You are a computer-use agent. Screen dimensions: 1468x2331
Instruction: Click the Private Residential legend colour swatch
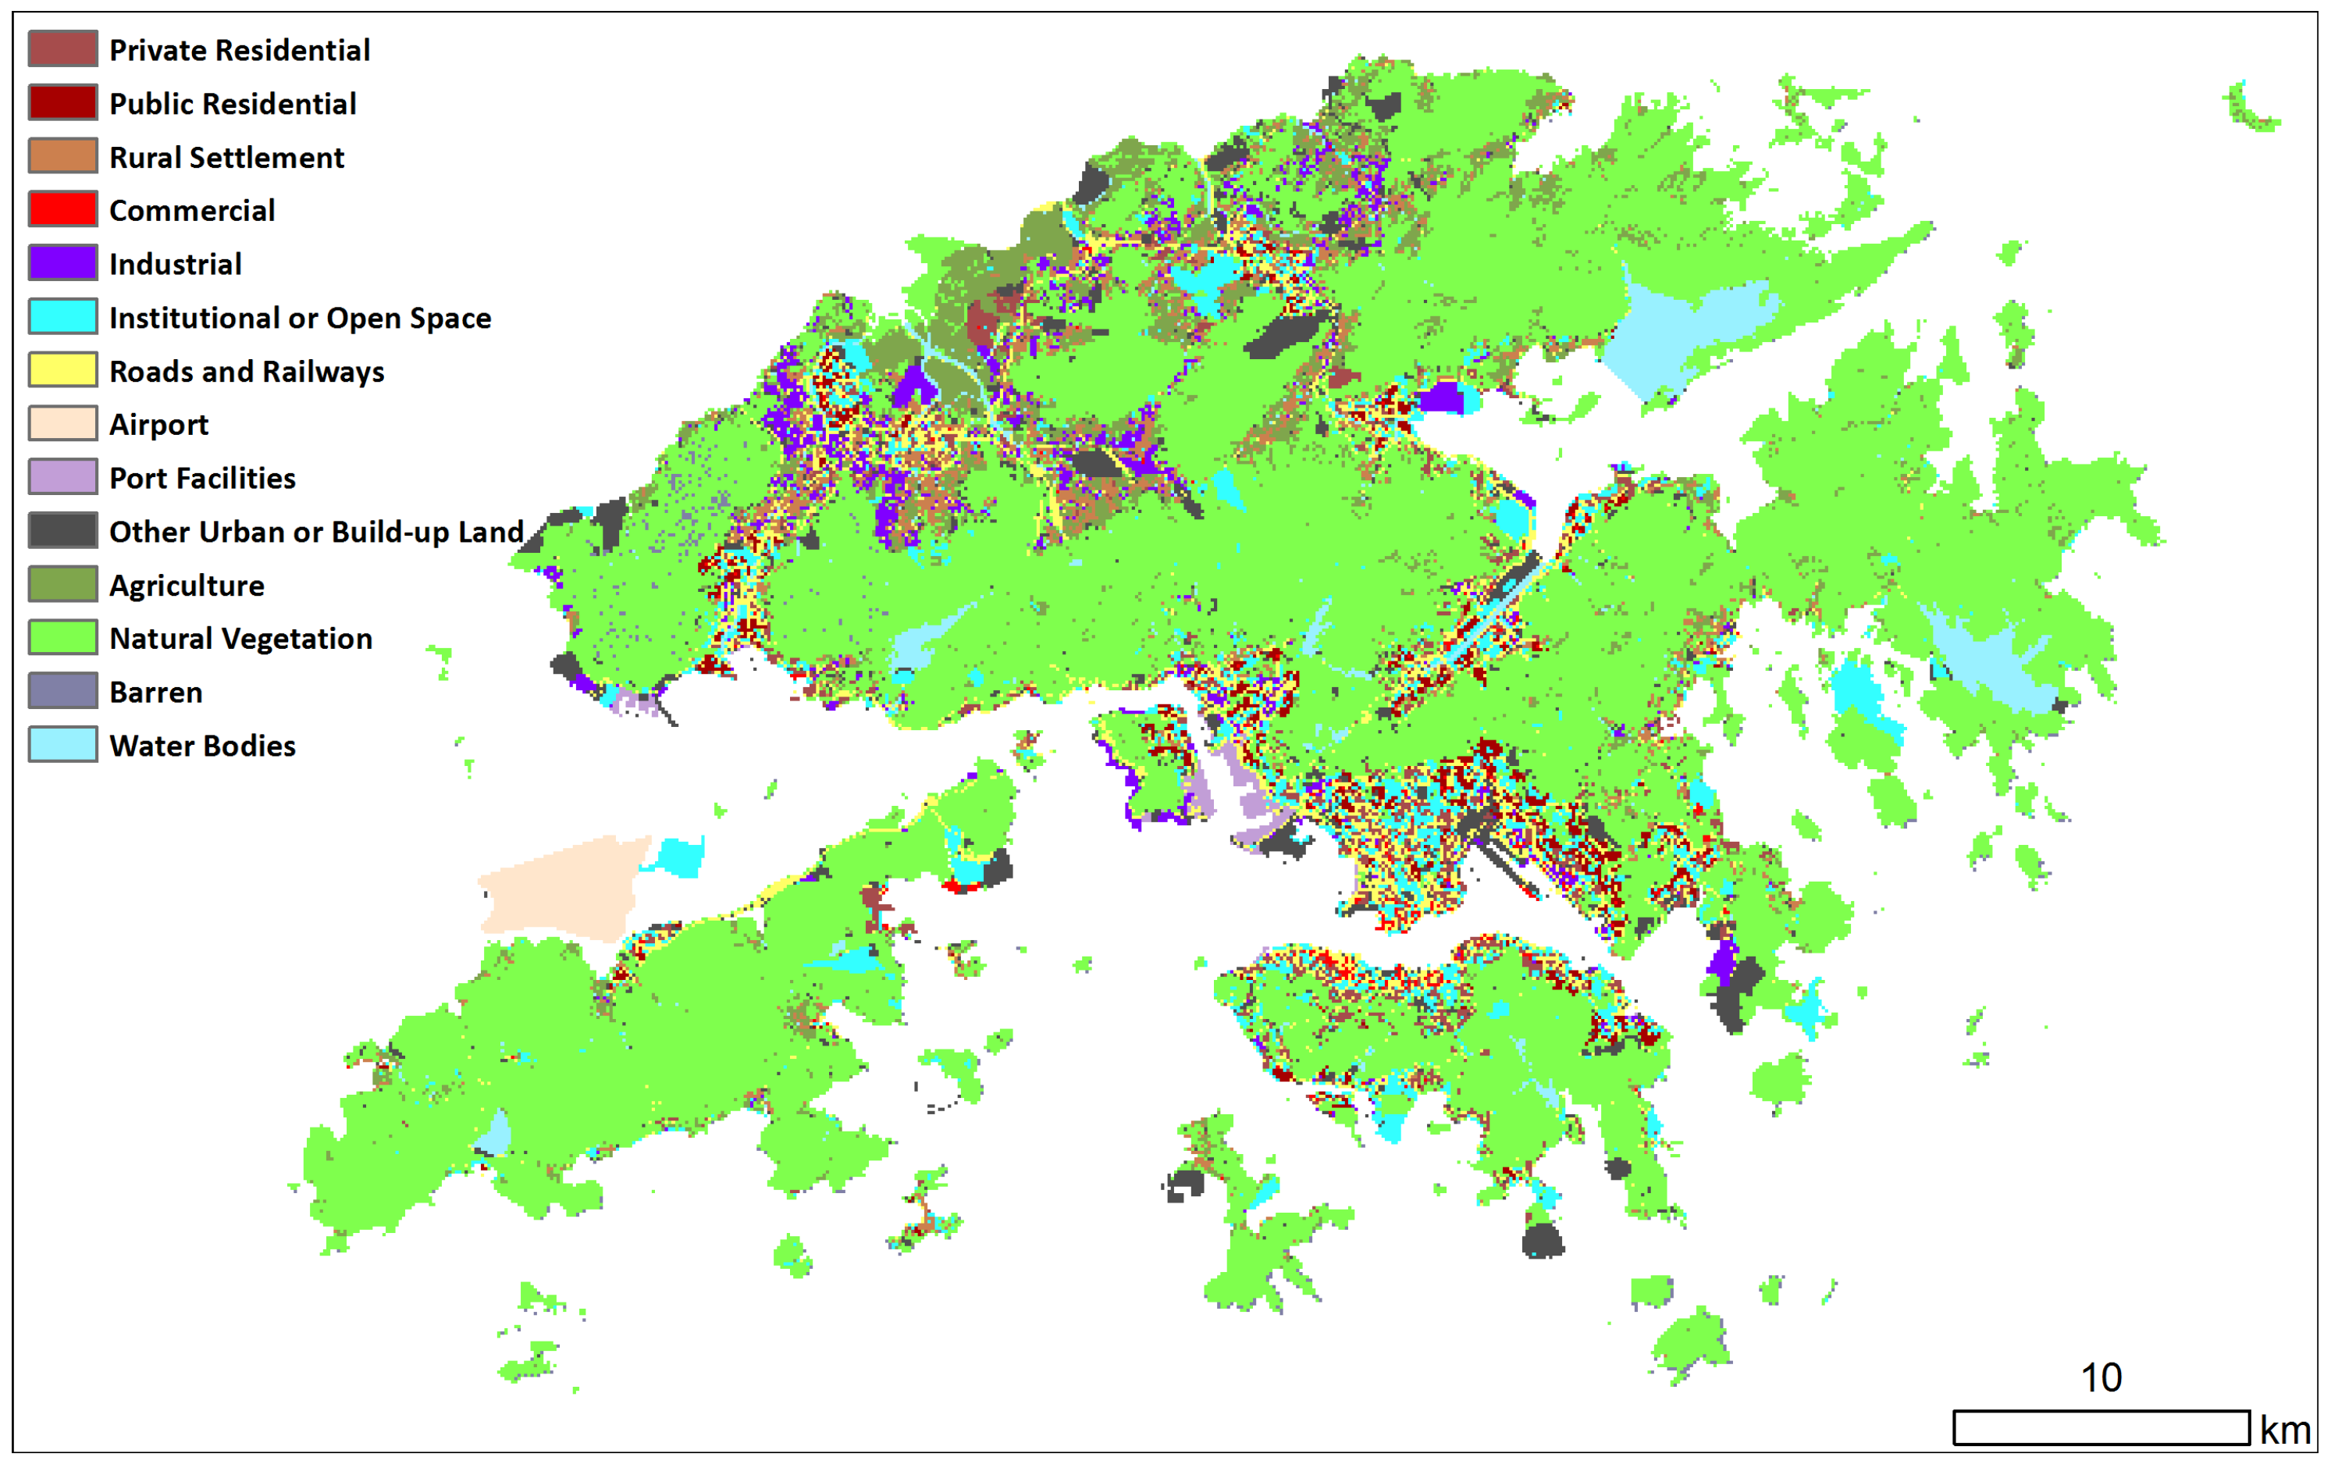pos(63,48)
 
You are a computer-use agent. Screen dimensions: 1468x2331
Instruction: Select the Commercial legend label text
pos(192,210)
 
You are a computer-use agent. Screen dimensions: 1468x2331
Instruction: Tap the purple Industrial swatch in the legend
pos(63,262)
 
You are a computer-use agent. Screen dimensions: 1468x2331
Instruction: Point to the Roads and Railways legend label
pos(246,371)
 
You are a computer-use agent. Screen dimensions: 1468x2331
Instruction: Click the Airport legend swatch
pos(63,423)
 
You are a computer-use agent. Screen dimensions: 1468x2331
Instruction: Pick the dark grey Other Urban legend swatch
pos(63,531)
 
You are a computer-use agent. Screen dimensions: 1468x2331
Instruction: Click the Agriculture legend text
pos(186,585)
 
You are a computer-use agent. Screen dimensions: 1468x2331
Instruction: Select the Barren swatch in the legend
pos(63,691)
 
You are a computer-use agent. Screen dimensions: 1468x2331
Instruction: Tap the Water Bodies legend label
pos(202,746)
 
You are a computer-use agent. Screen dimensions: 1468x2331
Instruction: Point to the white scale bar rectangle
pos(2101,1427)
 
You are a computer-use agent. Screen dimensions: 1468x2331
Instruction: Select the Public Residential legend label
pos(233,104)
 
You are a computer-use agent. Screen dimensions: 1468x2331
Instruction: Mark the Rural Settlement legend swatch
pos(63,156)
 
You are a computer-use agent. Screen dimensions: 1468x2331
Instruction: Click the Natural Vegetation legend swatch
pos(63,637)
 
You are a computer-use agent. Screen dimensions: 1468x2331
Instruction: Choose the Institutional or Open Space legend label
pos(300,318)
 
